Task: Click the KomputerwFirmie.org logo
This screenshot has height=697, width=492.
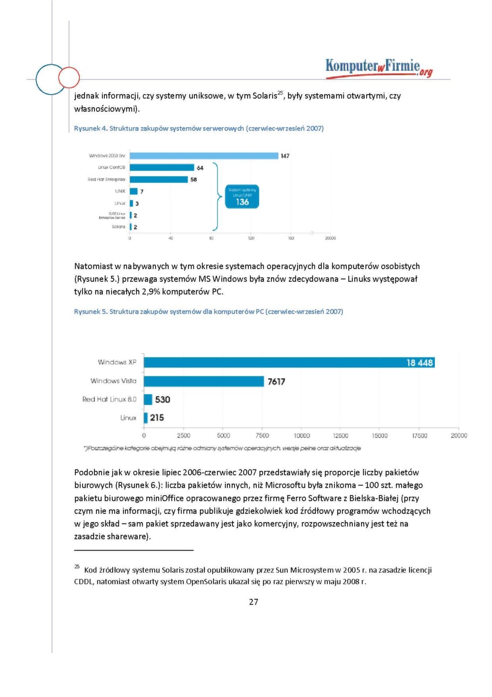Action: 379,67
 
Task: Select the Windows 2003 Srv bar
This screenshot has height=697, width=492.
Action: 204,156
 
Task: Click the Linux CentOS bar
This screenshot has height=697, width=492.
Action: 162,167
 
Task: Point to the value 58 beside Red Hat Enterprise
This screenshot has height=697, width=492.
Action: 193,180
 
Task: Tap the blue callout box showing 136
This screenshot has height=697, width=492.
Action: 242,197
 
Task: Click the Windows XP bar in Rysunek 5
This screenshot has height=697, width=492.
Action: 276,363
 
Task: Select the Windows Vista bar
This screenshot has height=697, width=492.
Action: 204,381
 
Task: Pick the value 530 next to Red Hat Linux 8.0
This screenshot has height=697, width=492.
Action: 162,399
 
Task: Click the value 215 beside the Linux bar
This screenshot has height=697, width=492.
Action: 157,418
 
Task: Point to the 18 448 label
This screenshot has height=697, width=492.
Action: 419,363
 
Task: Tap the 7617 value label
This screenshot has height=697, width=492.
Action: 276,382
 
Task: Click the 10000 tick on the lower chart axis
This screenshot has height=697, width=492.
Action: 302,435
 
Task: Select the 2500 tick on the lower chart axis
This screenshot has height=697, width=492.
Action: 184,435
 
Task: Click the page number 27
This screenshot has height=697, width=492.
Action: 253,602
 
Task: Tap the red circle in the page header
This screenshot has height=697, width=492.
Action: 69,77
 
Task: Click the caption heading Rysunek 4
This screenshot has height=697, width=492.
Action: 91,129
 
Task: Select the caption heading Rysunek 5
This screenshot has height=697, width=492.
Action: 91,312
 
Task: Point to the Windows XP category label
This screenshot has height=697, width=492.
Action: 117,363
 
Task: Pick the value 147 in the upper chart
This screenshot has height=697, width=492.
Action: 285,156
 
